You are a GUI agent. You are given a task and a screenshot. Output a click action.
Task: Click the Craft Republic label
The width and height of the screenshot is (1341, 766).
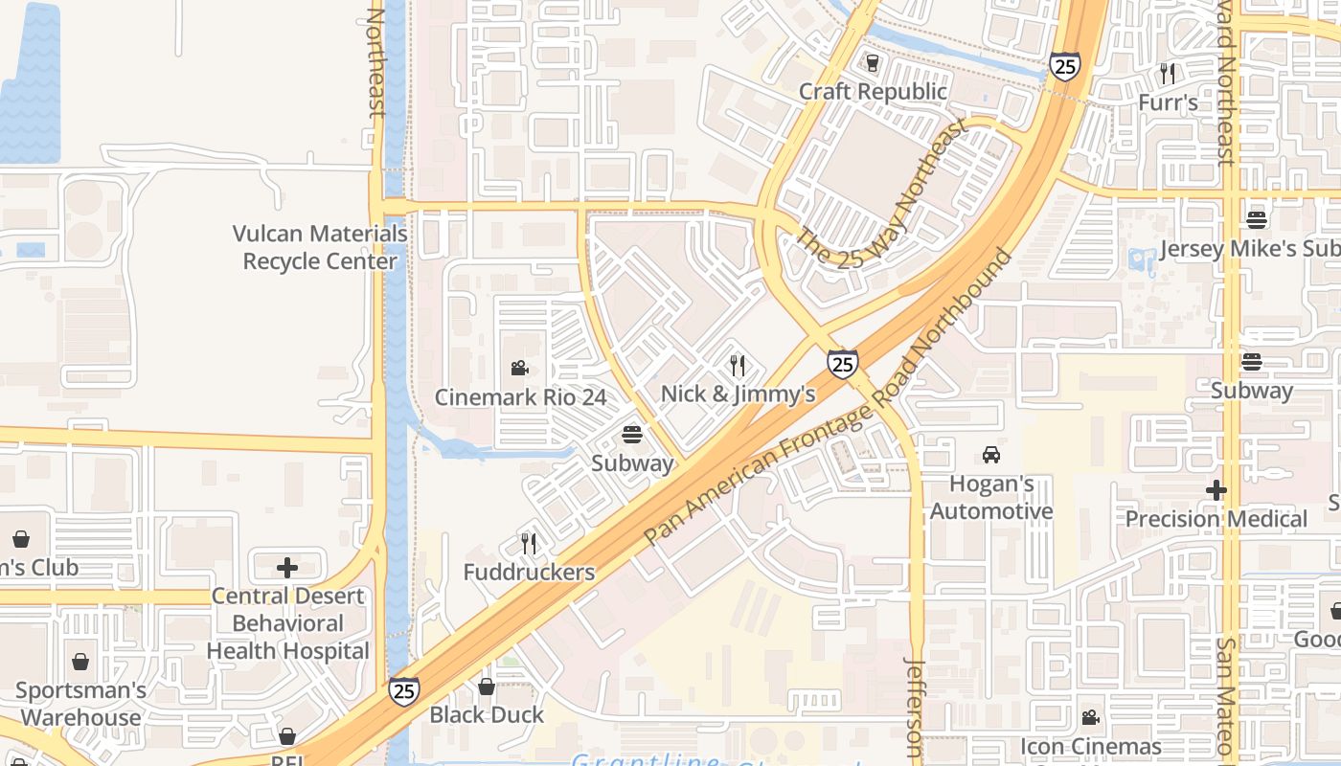[x=873, y=92]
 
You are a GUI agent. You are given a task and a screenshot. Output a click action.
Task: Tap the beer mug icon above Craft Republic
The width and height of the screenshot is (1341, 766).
[x=873, y=63]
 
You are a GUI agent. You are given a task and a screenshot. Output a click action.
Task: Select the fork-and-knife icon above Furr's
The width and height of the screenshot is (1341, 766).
[x=1167, y=73]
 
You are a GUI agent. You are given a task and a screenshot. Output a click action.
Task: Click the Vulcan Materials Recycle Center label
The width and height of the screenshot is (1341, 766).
[x=320, y=247]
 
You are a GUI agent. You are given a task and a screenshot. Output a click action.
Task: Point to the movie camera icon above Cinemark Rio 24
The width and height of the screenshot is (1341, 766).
[x=519, y=368]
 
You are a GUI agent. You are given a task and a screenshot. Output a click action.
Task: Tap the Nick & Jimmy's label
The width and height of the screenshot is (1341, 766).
[x=738, y=394]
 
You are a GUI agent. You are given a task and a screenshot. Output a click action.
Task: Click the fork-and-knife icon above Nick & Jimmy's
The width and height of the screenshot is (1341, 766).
[x=738, y=365]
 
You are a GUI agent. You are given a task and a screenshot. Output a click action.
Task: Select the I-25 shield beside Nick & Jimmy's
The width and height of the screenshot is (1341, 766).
[x=843, y=363]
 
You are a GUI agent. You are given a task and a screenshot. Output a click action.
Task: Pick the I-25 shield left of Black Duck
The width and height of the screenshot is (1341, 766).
[x=403, y=690]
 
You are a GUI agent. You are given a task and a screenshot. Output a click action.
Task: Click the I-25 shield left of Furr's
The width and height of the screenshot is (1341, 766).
[x=1064, y=65]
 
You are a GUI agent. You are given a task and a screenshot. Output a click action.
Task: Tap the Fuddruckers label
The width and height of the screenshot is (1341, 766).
[x=529, y=573]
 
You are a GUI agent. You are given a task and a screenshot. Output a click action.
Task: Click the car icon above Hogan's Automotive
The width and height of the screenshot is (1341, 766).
[x=991, y=455]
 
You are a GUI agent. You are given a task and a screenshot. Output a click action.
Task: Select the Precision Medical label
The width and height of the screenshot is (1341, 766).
[x=1216, y=519]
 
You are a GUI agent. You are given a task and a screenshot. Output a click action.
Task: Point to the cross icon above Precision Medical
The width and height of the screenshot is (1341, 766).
[x=1216, y=490]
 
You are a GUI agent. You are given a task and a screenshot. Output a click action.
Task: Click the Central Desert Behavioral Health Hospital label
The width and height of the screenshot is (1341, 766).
[x=287, y=623]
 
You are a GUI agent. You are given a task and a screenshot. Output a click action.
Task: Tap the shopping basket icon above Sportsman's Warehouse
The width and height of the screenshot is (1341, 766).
[x=80, y=662]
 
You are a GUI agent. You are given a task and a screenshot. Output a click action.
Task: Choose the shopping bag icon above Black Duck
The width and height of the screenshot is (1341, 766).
[x=487, y=687]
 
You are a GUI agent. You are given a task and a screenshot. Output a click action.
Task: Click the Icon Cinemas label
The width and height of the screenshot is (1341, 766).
[x=1091, y=746]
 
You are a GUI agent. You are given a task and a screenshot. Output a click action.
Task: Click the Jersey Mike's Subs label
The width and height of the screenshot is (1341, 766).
[x=1249, y=249]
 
